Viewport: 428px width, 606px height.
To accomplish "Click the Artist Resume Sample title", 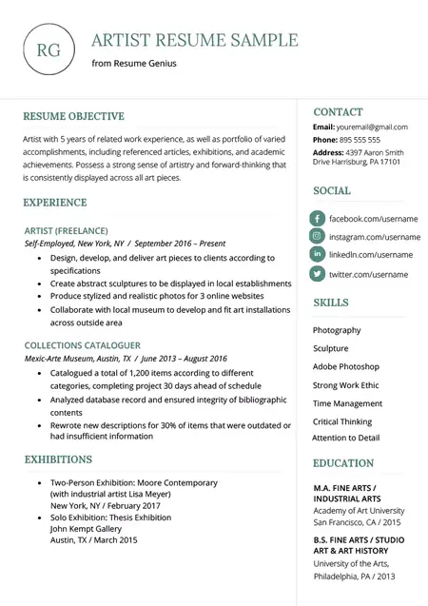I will pos(195,40).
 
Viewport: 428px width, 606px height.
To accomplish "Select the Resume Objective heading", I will pos(73,116).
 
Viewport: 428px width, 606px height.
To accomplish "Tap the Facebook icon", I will pos(318,219).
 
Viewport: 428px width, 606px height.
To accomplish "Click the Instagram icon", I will pos(318,236).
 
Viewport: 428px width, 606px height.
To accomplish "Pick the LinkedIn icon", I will pos(318,255).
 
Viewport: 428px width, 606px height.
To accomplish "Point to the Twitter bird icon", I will pos(318,274).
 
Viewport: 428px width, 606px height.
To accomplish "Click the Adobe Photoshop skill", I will pos(345,366).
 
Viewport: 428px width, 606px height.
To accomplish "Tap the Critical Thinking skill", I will pos(343,421).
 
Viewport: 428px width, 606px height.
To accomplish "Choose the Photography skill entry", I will pos(337,330).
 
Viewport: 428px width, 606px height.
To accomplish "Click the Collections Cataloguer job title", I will pos(83,345).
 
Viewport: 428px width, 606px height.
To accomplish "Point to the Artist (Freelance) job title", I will pos(66,230).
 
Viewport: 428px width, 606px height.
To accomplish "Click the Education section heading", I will pos(343,463).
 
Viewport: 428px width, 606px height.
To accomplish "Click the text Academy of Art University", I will pos(359,511).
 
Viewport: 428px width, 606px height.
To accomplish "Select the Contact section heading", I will pos(338,111).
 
